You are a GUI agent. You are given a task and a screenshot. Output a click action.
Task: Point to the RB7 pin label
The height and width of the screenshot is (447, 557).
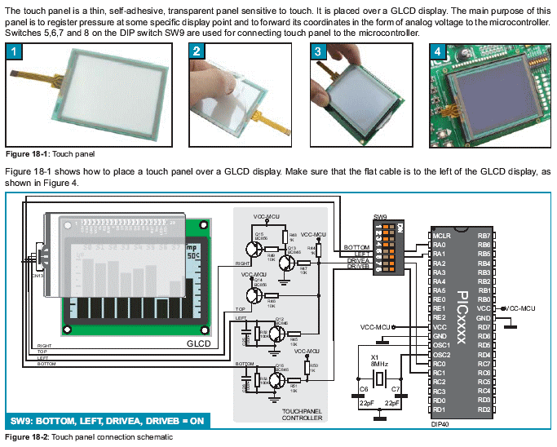coord(484,235)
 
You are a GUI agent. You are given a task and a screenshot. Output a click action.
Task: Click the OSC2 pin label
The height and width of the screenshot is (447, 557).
coord(442,354)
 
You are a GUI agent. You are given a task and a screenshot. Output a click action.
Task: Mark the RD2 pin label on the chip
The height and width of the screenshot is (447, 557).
coord(484,409)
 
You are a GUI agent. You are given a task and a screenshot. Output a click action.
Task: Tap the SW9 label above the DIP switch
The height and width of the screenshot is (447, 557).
coord(380,217)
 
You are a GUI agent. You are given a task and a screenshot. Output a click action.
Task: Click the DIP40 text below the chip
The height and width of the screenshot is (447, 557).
coord(440,423)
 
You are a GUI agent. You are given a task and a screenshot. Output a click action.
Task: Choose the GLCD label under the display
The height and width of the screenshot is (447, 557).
coord(198,343)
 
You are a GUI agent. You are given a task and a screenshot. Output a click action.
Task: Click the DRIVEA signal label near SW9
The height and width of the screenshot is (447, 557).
coord(357,259)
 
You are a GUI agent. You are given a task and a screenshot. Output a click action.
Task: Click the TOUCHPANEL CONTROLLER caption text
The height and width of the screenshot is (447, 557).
coord(302,414)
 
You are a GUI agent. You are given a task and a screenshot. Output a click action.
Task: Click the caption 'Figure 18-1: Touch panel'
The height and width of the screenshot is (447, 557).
coord(51,153)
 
